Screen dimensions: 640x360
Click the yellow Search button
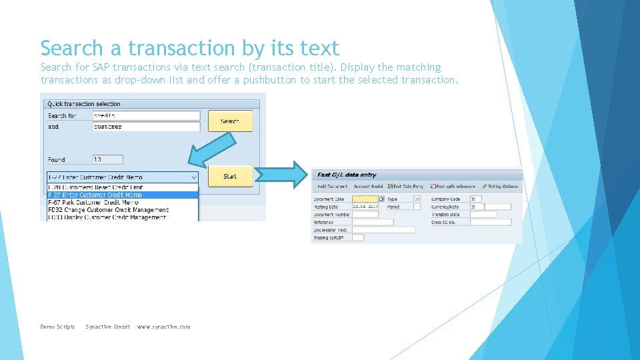click(230, 121)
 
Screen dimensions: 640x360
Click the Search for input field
click(146, 115)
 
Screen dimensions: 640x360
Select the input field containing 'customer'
click(146, 126)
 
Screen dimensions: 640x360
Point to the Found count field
click(107, 159)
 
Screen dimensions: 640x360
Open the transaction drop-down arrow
click(194, 177)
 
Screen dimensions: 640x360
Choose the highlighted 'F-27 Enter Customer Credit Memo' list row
click(123, 195)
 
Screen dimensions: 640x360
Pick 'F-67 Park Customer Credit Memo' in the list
click(123, 202)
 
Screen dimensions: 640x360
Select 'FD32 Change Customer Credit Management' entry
click(123, 210)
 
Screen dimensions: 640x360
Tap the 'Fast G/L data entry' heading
click(347, 175)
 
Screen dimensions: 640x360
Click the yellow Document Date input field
click(365, 199)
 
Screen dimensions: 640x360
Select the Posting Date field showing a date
click(365, 207)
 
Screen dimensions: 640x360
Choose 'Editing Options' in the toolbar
click(502, 187)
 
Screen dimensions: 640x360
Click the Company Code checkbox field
click(475, 199)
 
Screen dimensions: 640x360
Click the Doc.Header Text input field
click(383, 230)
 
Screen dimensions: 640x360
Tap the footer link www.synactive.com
click(163, 327)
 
